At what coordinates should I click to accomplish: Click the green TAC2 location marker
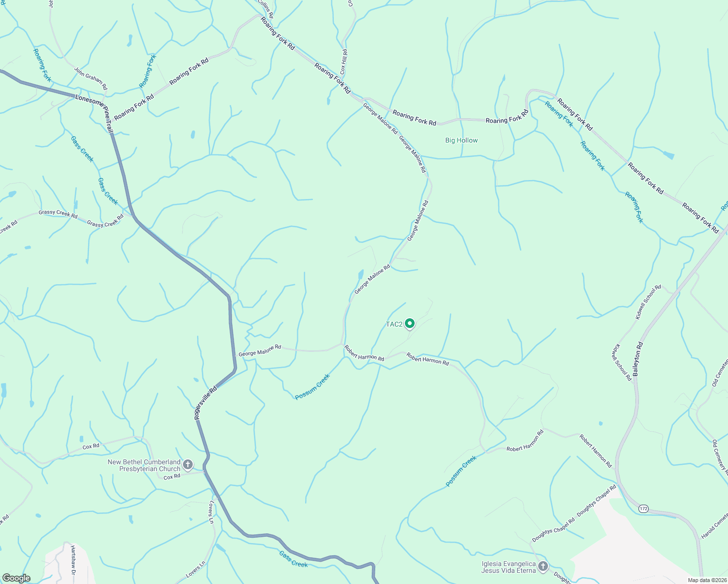point(410,323)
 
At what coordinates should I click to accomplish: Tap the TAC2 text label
point(394,324)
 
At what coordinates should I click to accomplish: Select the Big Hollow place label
point(461,140)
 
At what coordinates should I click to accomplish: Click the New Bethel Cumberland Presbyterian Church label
point(144,465)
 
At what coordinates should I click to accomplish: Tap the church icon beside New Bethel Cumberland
point(188,465)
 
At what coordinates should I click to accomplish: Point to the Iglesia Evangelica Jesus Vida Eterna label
point(509,567)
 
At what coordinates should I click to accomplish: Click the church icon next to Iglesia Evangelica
point(543,566)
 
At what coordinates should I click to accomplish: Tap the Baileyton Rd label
point(638,359)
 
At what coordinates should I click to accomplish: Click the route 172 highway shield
point(644,508)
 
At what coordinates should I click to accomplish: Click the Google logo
point(17,578)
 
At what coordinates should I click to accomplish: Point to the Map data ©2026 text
point(707,580)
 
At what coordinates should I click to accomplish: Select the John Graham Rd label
point(91,78)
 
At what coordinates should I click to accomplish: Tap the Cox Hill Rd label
point(344,62)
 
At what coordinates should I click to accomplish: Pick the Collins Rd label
point(265,9)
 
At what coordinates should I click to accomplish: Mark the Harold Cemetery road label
point(715,524)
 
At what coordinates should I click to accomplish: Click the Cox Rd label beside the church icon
point(172,477)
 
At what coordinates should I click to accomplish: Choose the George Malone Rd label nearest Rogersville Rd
point(259,350)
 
